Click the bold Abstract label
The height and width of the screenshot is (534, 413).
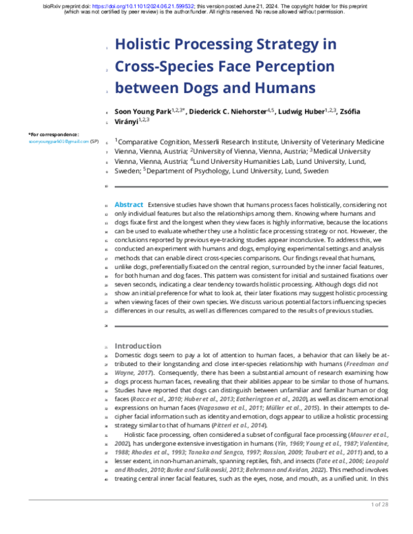[x=129, y=205]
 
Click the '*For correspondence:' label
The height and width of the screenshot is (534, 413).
[x=53, y=134]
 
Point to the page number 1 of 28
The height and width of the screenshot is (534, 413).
[x=380, y=524]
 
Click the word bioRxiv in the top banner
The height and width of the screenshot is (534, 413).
[x=54, y=5]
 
